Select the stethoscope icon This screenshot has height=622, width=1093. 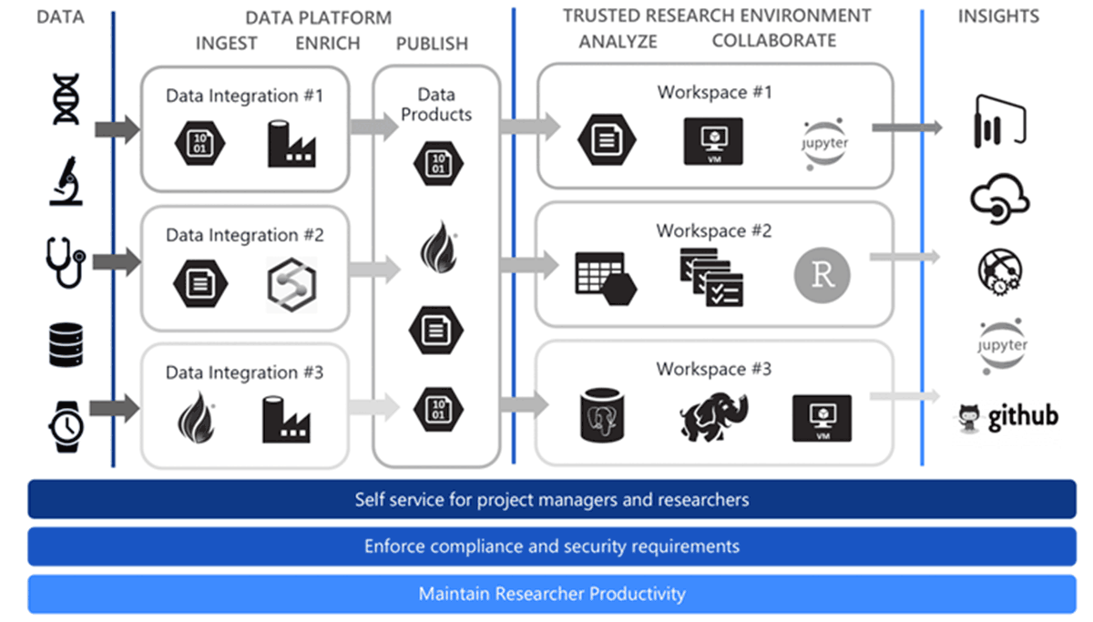coord(66,260)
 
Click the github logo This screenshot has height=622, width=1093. coord(1006,417)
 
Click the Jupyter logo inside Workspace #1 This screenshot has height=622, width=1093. coord(825,144)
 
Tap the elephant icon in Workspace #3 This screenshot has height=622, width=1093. coord(713,415)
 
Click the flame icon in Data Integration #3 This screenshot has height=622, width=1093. coord(195,416)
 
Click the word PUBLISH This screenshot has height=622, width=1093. coord(432,43)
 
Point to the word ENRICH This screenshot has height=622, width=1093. coord(328,43)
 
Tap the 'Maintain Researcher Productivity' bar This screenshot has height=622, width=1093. coord(551,594)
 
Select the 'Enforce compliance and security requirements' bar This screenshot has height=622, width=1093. coord(551,546)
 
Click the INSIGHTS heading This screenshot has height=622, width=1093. coord(998,15)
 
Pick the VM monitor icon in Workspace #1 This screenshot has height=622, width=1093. coord(712,142)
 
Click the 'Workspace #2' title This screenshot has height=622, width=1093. coord(713,230)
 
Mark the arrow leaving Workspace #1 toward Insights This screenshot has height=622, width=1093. coord(905,128)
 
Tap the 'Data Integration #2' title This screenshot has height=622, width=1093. coord(244,235)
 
